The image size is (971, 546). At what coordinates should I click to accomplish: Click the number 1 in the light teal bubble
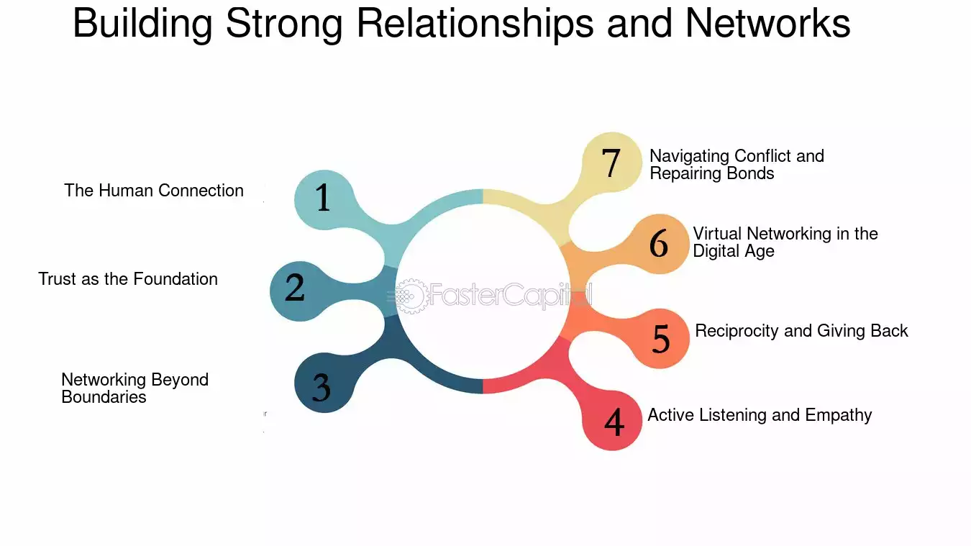tap(323, 197)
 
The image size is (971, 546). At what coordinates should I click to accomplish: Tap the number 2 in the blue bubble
tap(295, 287)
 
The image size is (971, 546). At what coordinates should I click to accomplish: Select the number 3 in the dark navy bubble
tap(322, 387)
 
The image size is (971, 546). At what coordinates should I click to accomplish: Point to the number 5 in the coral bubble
tap(661, 339)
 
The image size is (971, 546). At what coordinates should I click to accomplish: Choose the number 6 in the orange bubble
tap(658, 243)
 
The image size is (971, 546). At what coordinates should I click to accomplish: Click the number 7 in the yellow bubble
tap(611, 163)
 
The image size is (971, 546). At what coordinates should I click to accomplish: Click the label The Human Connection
tap(154, 191)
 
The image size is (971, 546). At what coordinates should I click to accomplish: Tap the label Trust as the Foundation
tap(128, 279)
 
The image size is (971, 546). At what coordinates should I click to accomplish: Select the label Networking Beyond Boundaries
tap(135, 388)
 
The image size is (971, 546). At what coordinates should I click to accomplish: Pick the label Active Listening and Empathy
tap(760, 415)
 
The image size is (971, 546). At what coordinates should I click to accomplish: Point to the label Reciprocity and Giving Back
tap(801, 331)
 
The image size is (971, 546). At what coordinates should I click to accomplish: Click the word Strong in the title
tap(284, 24)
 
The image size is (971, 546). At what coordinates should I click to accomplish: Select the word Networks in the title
tap(767, 24)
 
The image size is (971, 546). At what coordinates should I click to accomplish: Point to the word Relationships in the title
tap(475, 24)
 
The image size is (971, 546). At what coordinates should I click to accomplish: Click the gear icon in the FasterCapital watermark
tap(410, 296)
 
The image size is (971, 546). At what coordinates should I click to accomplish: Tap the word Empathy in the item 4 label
tap(839, 415)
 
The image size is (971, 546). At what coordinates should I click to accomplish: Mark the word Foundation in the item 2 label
tap(175, 279)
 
